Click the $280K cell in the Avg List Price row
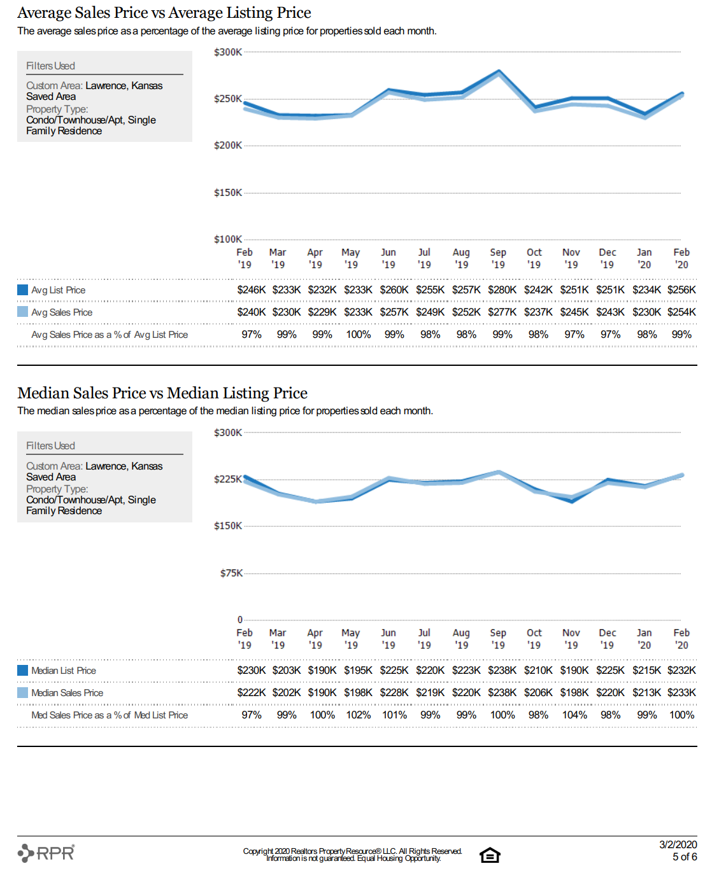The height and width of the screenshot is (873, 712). coord(502,290)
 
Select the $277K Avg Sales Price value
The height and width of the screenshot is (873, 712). coord(502,312)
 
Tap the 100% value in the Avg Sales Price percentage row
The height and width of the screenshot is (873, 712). coord(358,335)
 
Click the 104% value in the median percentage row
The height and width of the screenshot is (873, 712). coord(574,715)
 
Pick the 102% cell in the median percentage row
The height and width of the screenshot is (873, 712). coord(358,715)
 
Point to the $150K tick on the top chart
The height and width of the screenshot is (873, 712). coord(227,193)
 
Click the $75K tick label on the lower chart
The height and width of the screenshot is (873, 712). coord(231,573)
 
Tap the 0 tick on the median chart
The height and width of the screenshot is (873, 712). coord(240,619)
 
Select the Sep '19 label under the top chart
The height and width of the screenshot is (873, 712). coord(498,258)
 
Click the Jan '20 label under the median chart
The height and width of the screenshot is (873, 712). coord(644,639)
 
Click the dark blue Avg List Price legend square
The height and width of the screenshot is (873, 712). coord(22,290)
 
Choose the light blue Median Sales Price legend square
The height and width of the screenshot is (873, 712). coord(22,693)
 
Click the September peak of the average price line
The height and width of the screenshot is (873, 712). coord(499,71)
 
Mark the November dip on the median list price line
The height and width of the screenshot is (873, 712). coord(572,501)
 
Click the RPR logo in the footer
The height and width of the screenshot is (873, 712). coord(46,853)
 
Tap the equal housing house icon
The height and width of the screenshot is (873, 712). coord(490,855)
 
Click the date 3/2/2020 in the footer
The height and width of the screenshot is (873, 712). coord(678,844)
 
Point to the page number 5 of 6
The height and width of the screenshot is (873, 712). coord(685,856)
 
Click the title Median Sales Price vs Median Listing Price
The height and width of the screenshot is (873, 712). coord(162,393)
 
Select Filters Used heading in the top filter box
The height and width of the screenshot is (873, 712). coord(50,66)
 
